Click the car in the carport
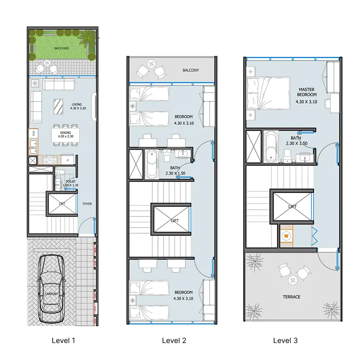point(51,289)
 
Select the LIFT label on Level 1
point(61,204)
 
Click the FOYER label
point(87,204)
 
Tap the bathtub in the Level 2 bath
point(151,164)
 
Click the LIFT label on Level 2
point(175,221)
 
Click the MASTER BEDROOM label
point(307,92)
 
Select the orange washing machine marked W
point(287,236)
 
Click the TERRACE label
point(291,297)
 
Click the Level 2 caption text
point(174,340)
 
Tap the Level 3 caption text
point(285,340)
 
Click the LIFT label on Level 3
point(293,206)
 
